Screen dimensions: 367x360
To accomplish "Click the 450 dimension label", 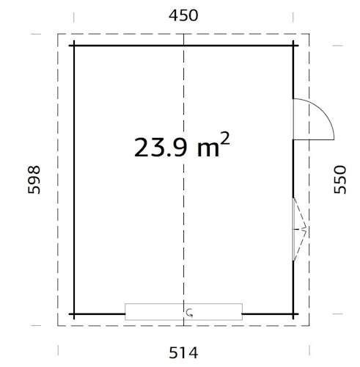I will coord(183,15).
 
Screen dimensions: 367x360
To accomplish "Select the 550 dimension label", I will coord(339,178).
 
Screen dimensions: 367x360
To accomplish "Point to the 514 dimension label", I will coord(183,352).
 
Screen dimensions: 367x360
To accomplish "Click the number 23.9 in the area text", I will coord(161,147).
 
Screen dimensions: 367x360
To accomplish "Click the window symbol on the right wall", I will coord(298,229).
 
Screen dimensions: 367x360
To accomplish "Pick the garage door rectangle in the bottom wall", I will coord(183,312).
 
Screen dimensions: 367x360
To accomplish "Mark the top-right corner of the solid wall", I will coord(293,46).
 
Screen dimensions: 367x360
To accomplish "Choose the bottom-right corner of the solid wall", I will coord(293,313).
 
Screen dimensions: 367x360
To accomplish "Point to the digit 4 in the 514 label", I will coord(194,352).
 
